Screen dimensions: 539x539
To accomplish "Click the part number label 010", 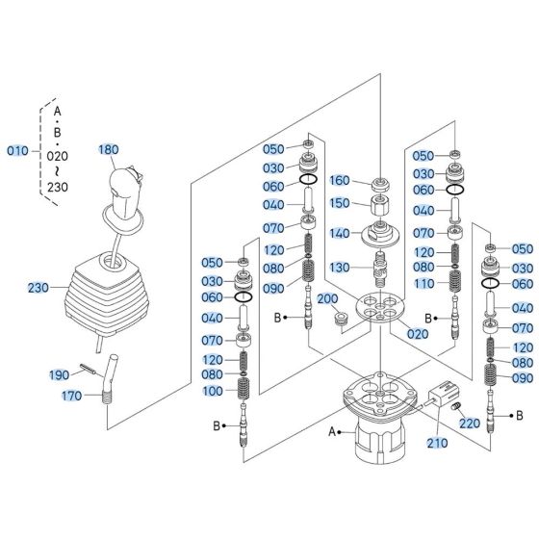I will tap(18, 152).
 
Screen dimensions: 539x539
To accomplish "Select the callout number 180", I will tap(109, 149).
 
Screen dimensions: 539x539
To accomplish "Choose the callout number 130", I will tap(340, 268).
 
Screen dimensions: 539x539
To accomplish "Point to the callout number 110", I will tap(424, 284).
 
